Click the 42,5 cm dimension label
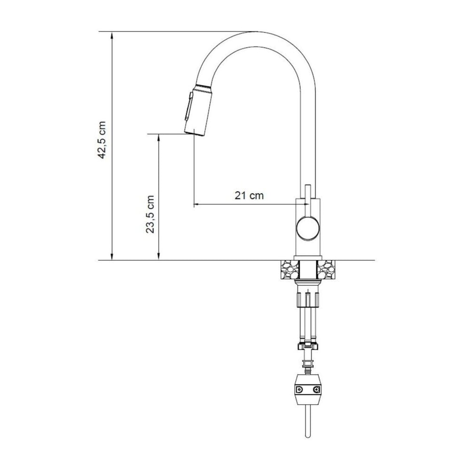[x=102, y=140]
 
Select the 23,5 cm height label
[x=149, y=214]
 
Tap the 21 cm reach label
[x=249, y=196]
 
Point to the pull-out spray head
[x=199, y=110]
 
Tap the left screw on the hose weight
[x=299, y=389]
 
